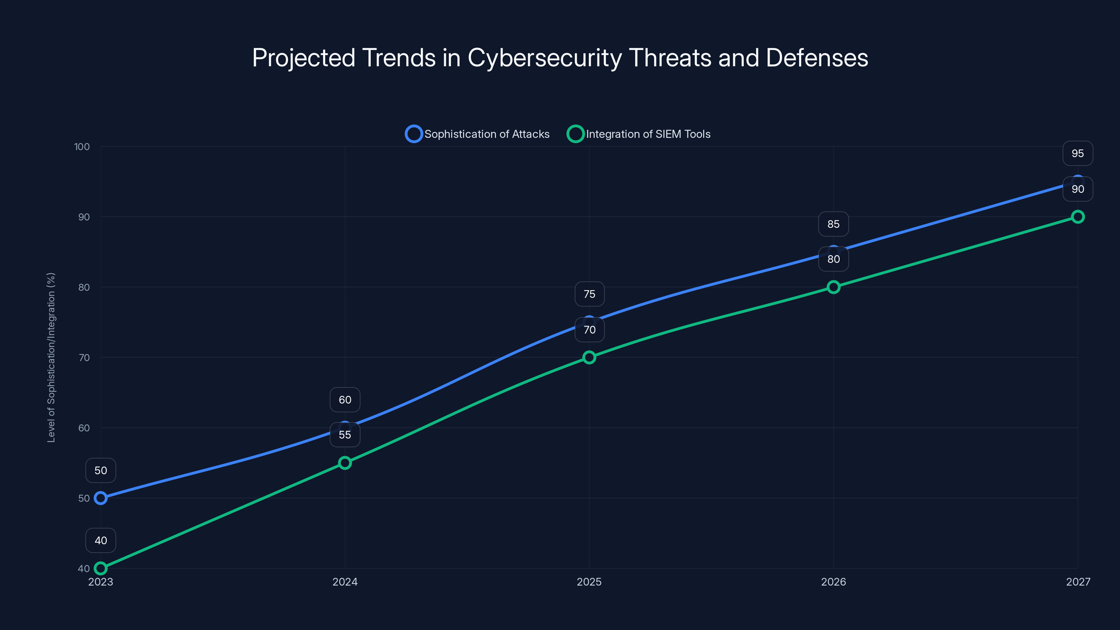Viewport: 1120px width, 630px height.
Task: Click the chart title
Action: [560, 58]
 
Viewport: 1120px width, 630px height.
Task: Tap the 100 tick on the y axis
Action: [82, 147]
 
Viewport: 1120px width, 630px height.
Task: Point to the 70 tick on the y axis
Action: [84, 357]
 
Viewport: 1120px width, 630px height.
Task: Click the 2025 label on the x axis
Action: [589, 582]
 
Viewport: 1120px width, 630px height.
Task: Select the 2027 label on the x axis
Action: [1078, 582]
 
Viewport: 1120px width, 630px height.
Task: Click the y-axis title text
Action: [51, 357]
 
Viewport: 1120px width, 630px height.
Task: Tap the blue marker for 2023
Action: [100, 498]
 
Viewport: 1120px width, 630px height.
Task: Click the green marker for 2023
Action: [100, 568]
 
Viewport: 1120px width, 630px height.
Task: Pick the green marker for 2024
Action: [345, 463]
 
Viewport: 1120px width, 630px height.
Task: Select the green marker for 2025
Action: [589, 357]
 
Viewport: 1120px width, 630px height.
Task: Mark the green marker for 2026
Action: [833, 287]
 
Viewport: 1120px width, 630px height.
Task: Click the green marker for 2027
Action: [1078, 217]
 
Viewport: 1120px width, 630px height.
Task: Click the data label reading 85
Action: [833, 224]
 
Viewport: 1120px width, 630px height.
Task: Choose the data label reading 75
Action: [589, 294]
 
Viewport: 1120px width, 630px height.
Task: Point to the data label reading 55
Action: [345, 435]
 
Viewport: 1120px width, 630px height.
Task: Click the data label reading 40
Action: [100, 540]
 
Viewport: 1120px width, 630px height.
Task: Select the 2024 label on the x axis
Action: [345, 582]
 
